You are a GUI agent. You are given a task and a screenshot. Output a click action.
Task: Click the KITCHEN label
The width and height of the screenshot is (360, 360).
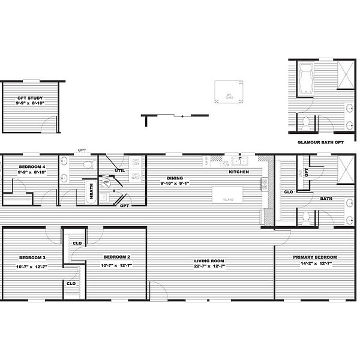coord(238,172)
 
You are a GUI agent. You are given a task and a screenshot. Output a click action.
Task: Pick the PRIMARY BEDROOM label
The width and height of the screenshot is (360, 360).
coord(315,257)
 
